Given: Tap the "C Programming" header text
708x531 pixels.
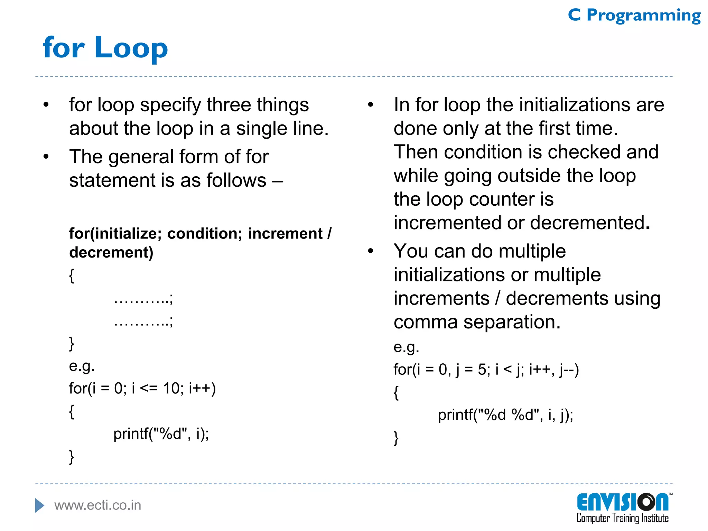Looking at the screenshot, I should pyautogui.click(x=634, y=16).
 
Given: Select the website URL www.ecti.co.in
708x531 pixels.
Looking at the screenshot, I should pyautogui.click(x=98, y=505).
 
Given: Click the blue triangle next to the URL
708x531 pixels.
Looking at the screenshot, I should pyautogui.click(x=39, y=505).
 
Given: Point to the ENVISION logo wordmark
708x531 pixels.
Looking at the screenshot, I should pyautogui.click(x=623, y=502).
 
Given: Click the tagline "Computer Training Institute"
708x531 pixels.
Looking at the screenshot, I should pyautogui.click(x=622, y=518).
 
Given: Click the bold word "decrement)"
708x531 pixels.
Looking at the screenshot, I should pyautogui.click(x=111, y=252).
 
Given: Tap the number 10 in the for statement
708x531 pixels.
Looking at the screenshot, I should pyautogui.click(x=171, y=389).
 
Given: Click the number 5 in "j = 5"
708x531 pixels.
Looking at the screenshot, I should pyautogui.click(x=482, y=370).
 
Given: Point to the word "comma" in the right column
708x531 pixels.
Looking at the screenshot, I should pyautogui.click(x=426, y=322).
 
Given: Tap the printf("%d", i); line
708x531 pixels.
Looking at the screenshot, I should pyautogui.click(x=161, y=434).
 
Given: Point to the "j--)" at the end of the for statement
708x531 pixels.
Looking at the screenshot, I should pyautogui.click(x=569, y=370).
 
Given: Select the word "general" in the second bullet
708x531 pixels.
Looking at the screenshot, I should pyautogui.click(x=139, y=157).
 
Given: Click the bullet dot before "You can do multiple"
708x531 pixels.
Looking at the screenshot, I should pyautogui.click(x=371, y=251).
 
